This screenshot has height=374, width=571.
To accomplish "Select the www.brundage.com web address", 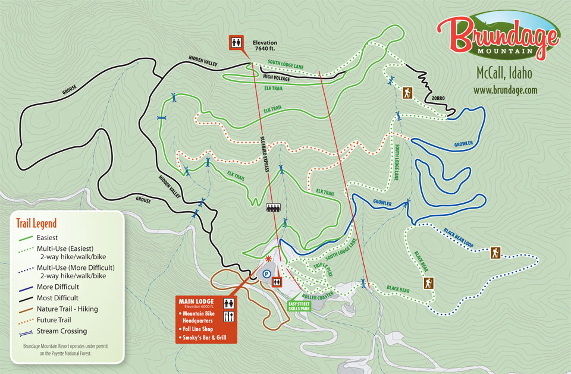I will pos(505,90).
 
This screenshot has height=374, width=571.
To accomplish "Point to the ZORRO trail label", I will pos(439,98).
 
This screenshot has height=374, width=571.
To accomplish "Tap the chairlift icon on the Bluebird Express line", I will pos(274,208).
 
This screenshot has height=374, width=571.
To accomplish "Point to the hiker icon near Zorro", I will pos(407,93).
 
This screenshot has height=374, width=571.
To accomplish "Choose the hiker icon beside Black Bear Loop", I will pos(495,253).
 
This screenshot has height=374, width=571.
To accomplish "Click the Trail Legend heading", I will pos(36,224).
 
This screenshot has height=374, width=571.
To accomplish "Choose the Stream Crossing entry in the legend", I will pos(62,331).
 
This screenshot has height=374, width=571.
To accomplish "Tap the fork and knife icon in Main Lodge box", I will pos(228,317).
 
